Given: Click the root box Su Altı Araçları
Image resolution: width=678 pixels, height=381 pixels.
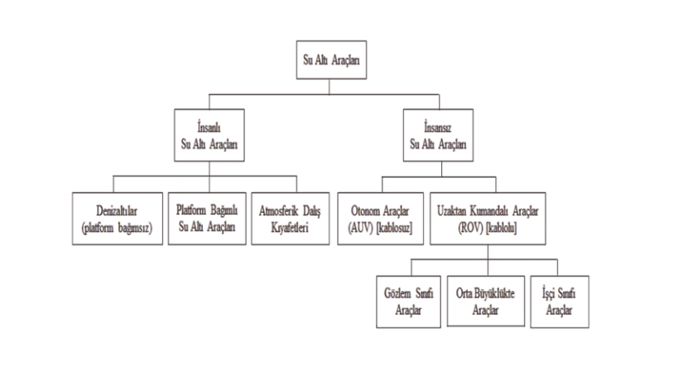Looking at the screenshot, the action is click(331, 60).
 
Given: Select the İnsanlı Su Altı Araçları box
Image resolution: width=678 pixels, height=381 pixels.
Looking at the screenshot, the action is click(209, 135).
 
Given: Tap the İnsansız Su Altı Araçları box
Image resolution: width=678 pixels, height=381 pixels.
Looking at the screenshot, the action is click(438, 135).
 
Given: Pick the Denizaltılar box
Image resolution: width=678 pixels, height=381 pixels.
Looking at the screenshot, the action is click(118, 219).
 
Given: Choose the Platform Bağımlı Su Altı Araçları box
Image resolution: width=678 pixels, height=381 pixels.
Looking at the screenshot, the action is click(207, 219).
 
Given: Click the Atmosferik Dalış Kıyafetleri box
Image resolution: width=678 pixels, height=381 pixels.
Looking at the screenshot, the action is click(290, 219).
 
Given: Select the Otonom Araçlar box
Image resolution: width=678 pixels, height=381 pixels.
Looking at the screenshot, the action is click(381, 219).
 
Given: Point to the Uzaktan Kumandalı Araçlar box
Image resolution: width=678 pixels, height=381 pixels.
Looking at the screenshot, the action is click(488, 219).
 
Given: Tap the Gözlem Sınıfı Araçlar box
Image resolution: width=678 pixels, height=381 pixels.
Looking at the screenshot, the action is click(409, 301).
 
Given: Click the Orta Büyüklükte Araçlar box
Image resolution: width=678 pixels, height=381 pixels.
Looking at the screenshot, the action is click(486, 301).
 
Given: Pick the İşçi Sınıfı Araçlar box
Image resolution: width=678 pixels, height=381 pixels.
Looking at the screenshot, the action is click(560, 301).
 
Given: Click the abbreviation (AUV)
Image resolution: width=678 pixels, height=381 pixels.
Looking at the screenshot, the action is click(361, 228).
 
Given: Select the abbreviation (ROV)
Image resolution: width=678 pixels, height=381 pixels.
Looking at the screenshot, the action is click(470, 228).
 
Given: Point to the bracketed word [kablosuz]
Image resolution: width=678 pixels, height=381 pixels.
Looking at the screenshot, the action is click(394, 228).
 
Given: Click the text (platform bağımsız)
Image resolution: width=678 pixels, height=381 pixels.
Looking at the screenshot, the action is click(118, 228).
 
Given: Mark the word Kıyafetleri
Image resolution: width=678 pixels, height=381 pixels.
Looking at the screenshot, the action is click(290, 227).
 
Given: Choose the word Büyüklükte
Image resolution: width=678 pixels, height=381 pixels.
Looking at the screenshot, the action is click(494, 294).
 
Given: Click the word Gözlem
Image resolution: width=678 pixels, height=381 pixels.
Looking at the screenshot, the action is click(397, 294).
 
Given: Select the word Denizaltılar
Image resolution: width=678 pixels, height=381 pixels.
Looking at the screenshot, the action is click(117, 211).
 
